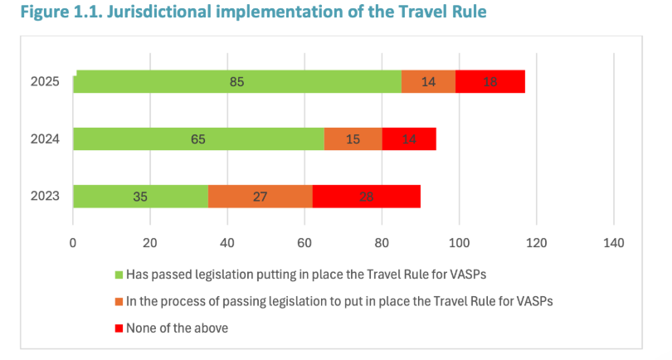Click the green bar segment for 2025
[237, 81]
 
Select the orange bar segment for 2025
[428, 81]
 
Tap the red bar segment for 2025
[489, 81]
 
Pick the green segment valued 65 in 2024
[198, 139]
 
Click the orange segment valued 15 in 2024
[353, 139]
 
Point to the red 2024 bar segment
[409, 139]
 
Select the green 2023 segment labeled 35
[140, 197]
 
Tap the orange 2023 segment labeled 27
[260, 197]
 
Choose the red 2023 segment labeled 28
[366, 197]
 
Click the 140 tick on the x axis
[613, 242]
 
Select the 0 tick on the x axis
[73, 242]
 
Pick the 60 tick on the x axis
[304, 242]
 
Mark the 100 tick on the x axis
[459, 242]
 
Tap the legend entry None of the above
[177, 328]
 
